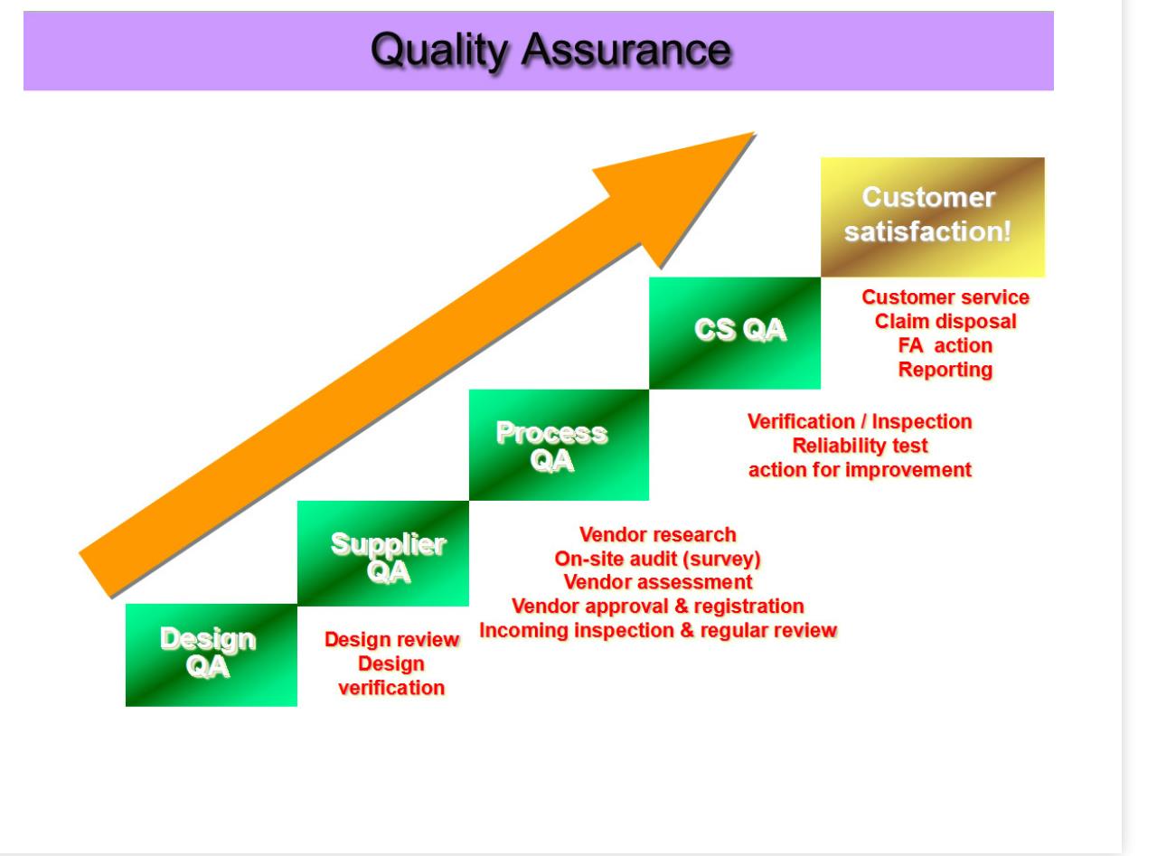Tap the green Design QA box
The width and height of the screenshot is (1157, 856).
coord(211,654)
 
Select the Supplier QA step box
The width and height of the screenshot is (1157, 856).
coord(382,553)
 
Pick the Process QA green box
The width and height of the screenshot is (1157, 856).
coord(558,445)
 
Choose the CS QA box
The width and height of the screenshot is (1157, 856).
coord(735,332)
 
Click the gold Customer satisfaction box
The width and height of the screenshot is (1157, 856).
coord(932,217)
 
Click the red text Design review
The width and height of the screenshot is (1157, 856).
coord(391,640)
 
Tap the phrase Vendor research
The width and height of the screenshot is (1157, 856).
coord(657,535)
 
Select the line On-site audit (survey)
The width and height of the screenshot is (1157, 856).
coord(657,559)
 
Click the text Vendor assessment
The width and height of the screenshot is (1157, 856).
coord(657,581)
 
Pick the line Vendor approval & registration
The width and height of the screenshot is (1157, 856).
coord(657,605)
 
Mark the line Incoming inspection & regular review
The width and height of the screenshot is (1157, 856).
coord(657,629)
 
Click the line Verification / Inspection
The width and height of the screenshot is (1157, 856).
coord(860,422)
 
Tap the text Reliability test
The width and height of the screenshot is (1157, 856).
coord(860,446)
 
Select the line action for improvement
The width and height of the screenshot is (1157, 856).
coord(860,470)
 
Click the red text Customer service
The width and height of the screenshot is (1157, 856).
coord(945,297)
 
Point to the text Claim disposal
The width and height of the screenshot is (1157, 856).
coord(945,321)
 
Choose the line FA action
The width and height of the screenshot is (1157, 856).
coord(945,344)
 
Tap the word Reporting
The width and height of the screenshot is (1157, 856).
coord(945,369)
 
